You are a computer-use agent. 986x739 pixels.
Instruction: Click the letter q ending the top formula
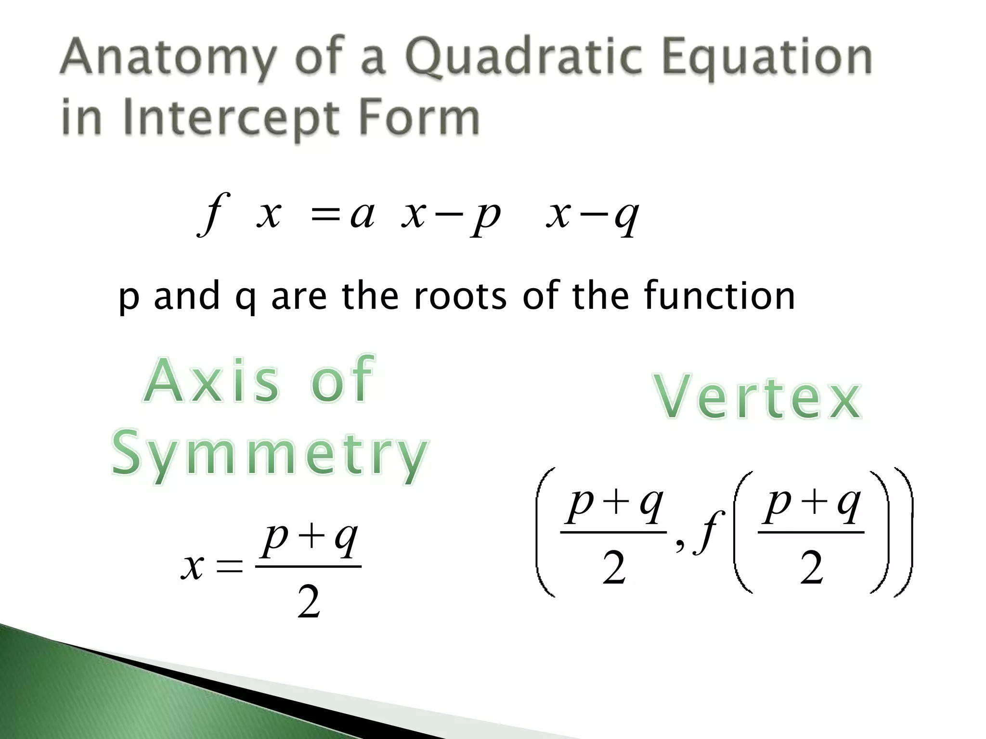click(626, 217)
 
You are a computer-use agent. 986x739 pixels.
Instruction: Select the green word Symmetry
click(270, 455)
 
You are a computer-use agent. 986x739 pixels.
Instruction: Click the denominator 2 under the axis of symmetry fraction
click(309, 602)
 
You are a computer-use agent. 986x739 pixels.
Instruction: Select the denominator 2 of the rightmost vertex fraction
click(812, 568)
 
